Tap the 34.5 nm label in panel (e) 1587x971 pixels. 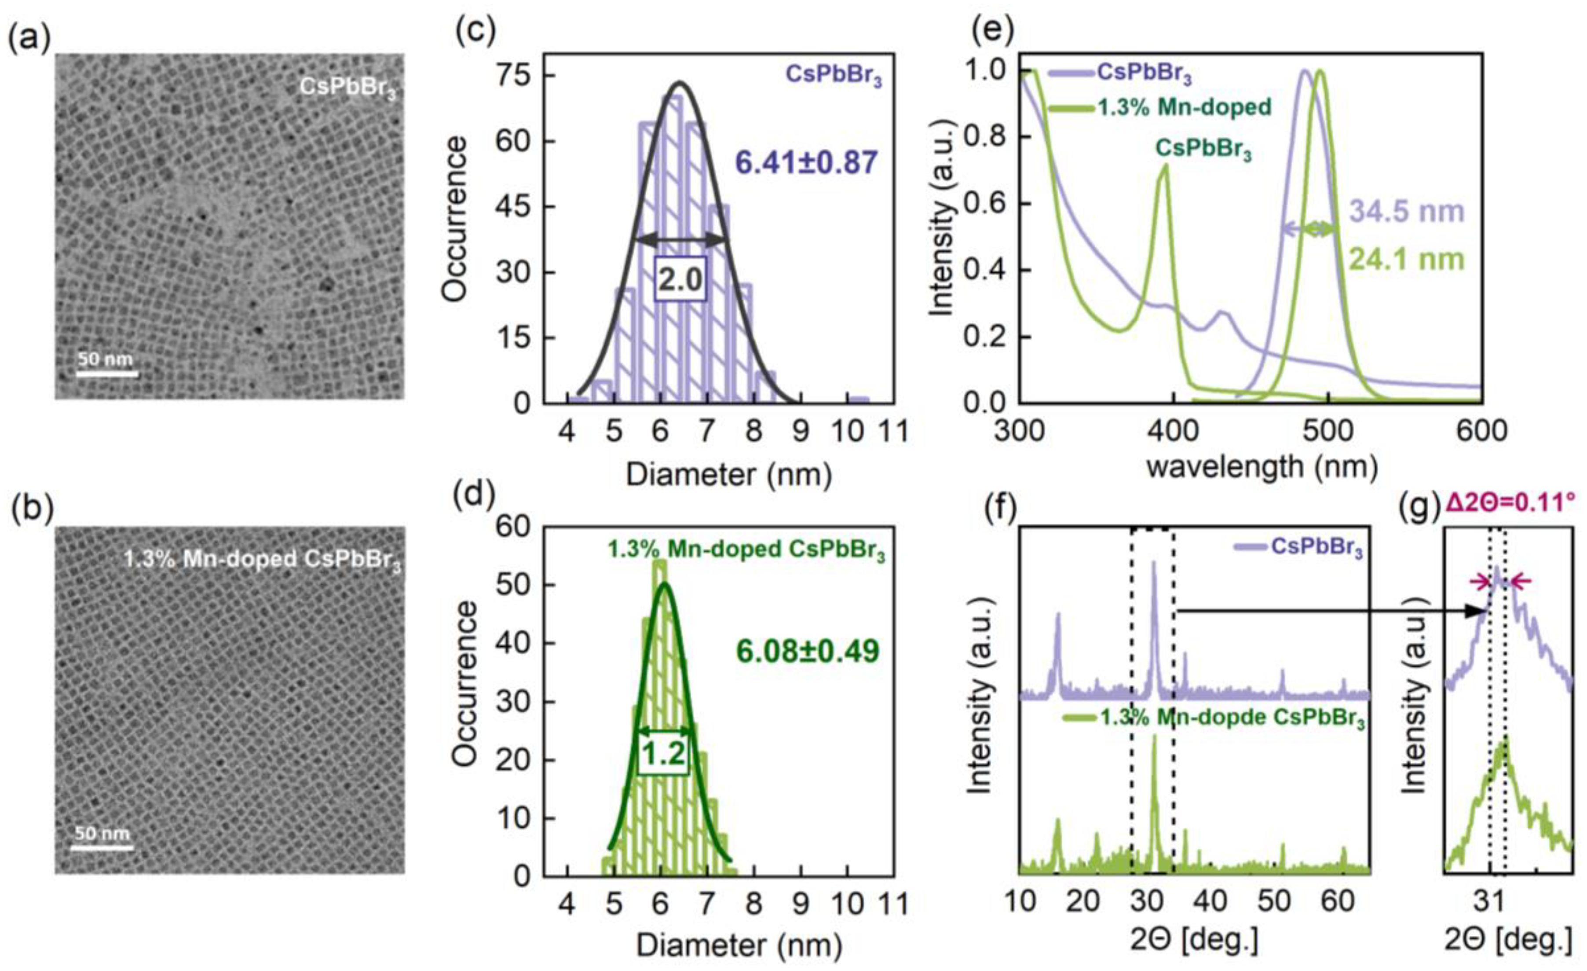(1406, 211)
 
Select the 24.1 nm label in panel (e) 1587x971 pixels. (1406, 260)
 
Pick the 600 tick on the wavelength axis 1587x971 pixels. (1482, 430)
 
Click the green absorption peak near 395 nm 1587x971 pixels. (1163, 169)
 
